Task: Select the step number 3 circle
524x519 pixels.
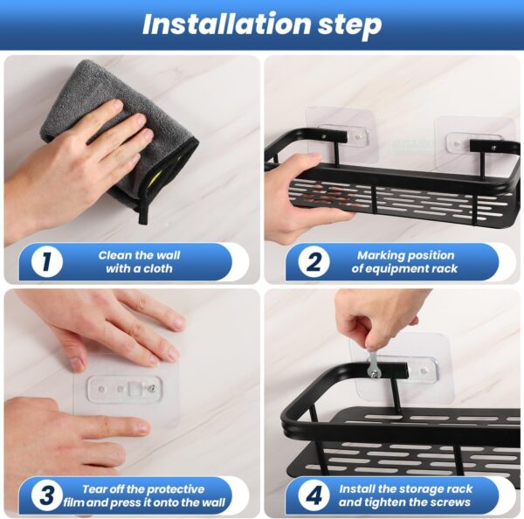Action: (45, 495)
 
